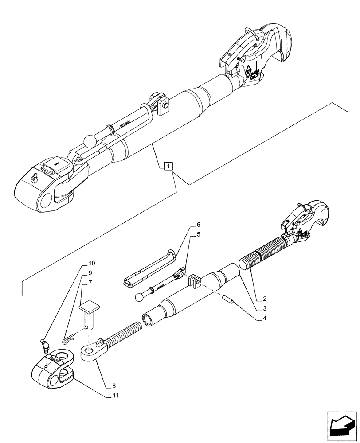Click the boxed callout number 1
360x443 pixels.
pos(168,167)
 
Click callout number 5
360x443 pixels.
pos(198,235)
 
